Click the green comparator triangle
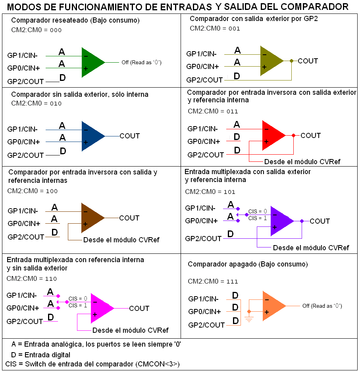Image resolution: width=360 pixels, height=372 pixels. coord(90,62)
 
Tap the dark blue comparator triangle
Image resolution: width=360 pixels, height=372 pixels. coord(90,136)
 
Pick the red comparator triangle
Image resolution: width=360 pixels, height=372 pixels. coord(271,135)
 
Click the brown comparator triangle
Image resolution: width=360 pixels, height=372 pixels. coord(90,218)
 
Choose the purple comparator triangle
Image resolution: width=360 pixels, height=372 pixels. coord(279,221)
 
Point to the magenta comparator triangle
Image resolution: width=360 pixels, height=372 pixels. coord(100,308)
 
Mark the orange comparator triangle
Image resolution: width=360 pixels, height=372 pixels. coord(271,306)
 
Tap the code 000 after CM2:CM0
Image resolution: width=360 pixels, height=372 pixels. coord(56,30)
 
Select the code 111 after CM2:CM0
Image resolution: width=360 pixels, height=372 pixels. coord(232,282)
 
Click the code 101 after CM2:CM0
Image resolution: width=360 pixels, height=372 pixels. coord(229,192)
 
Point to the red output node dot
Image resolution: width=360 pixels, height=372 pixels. coord(293,136)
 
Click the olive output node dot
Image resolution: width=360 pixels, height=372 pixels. coord(292,61)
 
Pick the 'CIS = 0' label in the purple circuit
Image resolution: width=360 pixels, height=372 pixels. coord(258,212)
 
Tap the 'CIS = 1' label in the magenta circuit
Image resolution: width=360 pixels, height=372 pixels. coord(78,305)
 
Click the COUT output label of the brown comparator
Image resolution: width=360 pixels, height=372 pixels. coord(129,218)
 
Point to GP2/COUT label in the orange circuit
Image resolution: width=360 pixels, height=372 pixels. coord(206,325)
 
